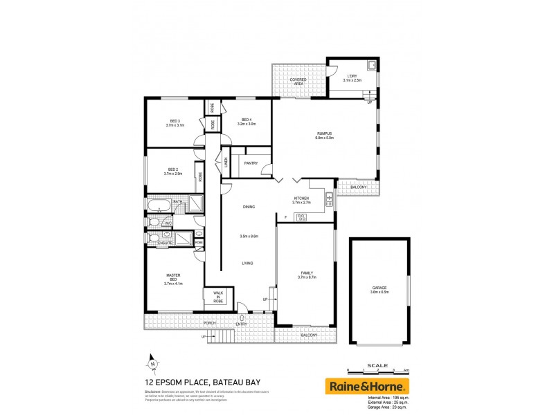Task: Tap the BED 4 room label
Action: tap(247, 122)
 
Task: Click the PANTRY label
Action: tap(251, 163)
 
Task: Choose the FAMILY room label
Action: tap(307, 274)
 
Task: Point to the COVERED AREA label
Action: tap(298, 81)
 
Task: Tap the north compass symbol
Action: tap(152, 362)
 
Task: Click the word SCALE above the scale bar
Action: tap(377, 365)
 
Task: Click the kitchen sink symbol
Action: tap(329, 201)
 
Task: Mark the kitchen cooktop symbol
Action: tap(301, 218)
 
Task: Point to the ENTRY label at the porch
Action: tap(241, 323)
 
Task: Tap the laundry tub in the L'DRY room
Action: tap(372, 66)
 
